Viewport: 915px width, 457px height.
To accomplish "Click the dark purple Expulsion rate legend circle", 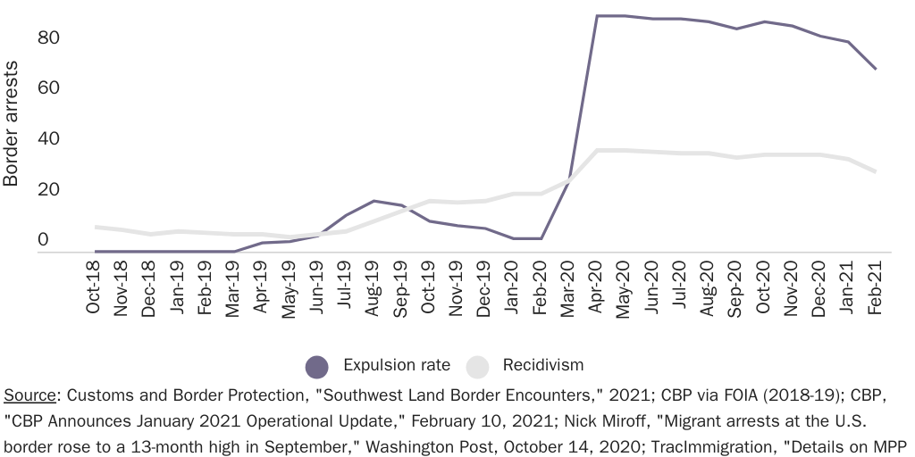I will (317, 366).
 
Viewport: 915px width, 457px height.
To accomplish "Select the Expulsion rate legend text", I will (397, 366).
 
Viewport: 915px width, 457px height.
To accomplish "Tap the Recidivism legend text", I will (543, 366).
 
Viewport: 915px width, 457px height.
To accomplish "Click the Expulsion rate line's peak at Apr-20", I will (597, 16).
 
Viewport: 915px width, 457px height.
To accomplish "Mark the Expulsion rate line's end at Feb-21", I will (876, 69).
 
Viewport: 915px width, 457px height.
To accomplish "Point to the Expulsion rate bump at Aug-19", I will (374, 201).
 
